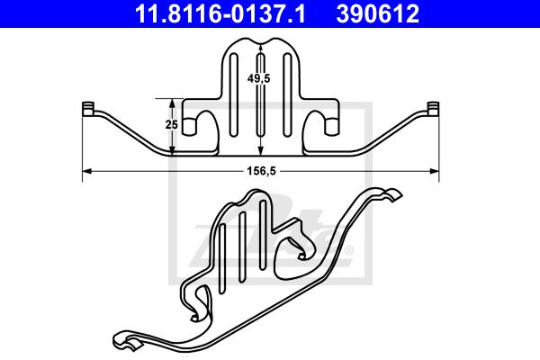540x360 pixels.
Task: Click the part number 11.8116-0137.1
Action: [220, 13]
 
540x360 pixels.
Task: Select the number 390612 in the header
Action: [377, 13]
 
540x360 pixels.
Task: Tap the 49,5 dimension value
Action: [258, 78]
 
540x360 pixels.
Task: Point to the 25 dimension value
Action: [171, 124]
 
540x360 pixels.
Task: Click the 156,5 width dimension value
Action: [261, 171]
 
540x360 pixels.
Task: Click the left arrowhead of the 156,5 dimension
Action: [86, 171]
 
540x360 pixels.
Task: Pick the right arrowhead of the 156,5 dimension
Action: [435, 171]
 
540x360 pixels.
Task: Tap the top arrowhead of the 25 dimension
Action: [172, 103]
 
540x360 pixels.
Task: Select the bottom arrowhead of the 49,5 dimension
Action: [261, 150]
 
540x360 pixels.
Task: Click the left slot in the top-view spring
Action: [234, 94]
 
